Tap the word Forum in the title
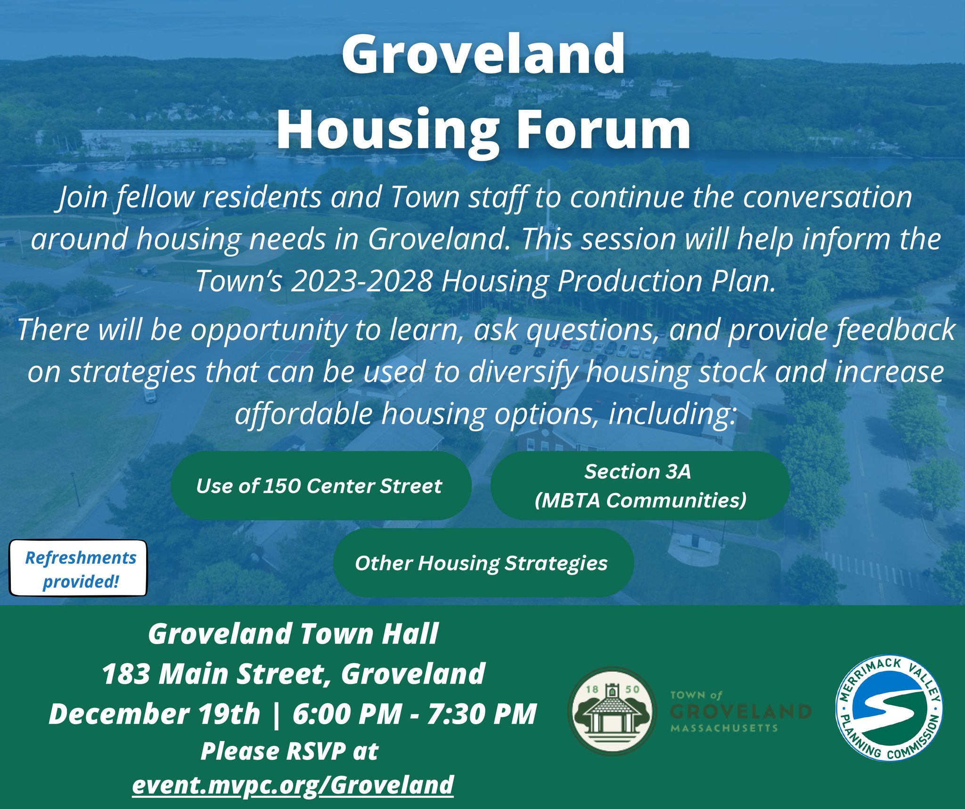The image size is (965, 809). pos(604,128)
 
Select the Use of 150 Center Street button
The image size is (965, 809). pos(321,486)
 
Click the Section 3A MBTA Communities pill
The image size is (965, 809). pos(640,486)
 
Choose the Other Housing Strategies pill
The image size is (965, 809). pos(483,562)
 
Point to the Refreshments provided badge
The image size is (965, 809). pos(78,568)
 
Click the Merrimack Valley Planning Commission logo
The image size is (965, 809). pos(889,708)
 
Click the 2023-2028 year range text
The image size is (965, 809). pos(361,281)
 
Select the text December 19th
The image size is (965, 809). pos(155,714)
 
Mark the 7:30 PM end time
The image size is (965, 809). pos(482,714)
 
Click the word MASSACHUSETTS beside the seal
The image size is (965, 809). pos(724,728)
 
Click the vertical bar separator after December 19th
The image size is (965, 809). pos(277,714)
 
